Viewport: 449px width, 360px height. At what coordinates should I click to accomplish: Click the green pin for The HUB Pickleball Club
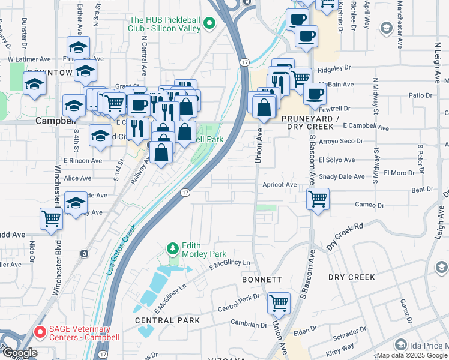point(209,24)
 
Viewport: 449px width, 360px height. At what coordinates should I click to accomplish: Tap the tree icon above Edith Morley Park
point(173,248)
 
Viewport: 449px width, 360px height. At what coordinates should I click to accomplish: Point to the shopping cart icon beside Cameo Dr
point(318,198)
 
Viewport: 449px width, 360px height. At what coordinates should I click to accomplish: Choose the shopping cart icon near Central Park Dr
point(279,304)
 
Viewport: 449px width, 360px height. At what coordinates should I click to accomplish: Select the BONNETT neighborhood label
point(262,280)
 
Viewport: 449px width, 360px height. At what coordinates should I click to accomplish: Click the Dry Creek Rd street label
point(345,238)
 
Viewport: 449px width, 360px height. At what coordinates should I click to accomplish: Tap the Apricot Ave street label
point(279,185)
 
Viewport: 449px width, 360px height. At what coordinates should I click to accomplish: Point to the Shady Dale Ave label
point(342,176)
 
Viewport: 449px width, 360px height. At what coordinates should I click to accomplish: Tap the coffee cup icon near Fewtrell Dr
point(315,94)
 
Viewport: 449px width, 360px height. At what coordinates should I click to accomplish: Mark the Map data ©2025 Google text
point(411,355)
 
